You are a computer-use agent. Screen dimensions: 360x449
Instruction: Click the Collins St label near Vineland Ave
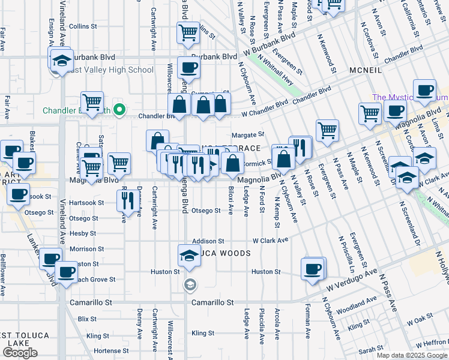[x=83, y=26]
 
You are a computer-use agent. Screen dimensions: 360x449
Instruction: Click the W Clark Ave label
[x=270, y=240]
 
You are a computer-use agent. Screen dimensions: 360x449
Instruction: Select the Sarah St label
[x=371, y=349]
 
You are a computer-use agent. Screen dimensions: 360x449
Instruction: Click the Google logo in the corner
[x=20, y=353]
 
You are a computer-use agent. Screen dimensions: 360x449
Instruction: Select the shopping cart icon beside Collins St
[x=188, y=32]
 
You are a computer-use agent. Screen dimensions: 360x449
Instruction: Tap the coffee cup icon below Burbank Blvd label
[x=188, y=68]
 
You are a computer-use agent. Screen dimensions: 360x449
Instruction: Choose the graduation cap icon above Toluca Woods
[x=188, y=255]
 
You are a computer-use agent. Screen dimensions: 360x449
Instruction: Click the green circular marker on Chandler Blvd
[x=119, y=109]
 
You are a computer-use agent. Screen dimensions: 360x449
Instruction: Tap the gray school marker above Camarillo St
[x=190, y=284]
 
